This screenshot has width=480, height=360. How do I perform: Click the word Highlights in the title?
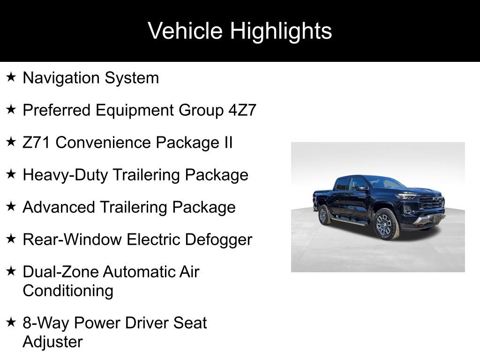281,31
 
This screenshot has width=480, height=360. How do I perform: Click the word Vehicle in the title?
185,31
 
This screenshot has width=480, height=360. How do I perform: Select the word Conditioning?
68,291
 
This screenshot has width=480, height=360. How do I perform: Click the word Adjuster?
52,342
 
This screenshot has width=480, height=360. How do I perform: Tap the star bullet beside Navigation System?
11,77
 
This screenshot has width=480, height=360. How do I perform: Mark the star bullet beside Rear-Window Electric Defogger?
11,239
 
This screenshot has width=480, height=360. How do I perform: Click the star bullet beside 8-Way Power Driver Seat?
11,322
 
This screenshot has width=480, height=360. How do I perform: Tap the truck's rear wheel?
323,215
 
